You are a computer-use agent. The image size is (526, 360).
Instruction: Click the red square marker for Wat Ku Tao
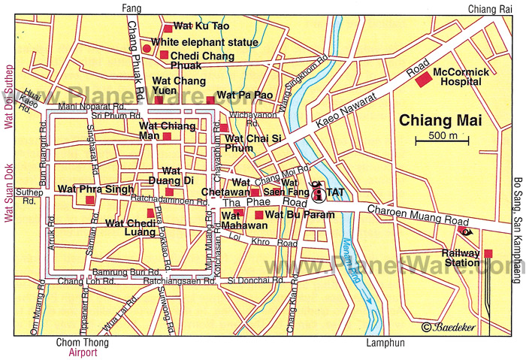coord(168,29)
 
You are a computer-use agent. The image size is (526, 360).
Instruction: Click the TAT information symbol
coord(318,193)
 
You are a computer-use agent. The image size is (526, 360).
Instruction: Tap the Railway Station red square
coord(488,253)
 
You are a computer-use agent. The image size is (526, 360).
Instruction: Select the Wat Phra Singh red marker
coord(89,200)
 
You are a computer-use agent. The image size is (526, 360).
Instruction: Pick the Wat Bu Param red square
coord(259,215)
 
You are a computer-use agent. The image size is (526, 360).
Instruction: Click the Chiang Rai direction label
coord(488,8)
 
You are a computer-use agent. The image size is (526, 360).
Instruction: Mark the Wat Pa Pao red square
coord(210,99)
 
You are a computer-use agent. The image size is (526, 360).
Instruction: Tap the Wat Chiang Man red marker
coord(167,137)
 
